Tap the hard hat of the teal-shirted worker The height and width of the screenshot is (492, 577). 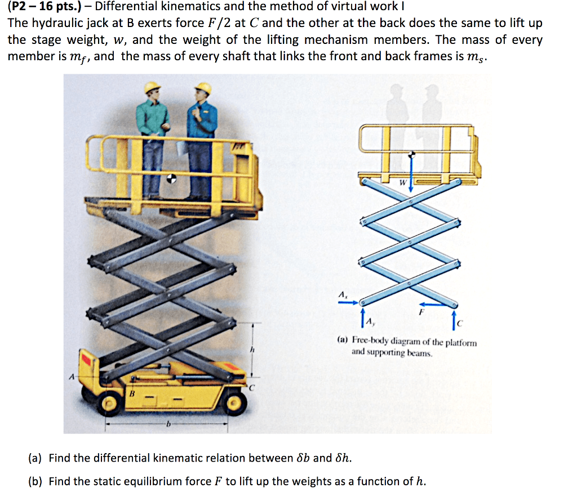point(153,87)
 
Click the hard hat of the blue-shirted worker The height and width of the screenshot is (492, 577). point(202,89)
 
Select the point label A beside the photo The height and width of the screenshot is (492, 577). point(70,377)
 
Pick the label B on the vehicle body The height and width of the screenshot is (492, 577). point(133,392)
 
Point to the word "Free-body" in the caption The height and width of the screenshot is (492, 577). point(372,342)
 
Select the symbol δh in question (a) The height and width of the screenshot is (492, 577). point(343,458)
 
